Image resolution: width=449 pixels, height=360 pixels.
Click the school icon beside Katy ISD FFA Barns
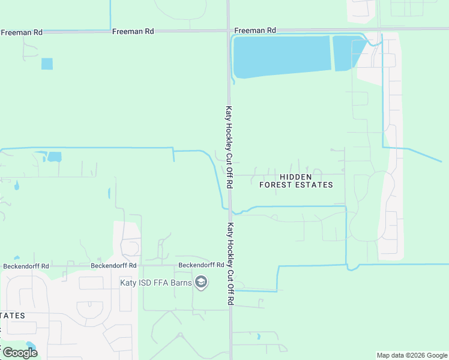pos(201,283)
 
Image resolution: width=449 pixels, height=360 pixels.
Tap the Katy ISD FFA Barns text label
pos(164,283)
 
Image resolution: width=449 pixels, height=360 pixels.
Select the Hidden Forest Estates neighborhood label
pos(296,181)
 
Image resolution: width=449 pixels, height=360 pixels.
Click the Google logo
pos(20,352)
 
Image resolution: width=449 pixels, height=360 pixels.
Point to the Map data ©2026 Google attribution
pos(412,355)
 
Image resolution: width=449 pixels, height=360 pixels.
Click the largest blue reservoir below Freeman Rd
pos(281,56)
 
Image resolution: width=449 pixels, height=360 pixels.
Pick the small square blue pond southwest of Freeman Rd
pos(47,64)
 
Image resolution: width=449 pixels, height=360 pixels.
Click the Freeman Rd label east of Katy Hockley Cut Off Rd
pos(255,30)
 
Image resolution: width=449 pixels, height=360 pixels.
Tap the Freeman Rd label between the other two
pos(133,31)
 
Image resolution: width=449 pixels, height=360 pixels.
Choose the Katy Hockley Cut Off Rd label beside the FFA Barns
pos(230,264)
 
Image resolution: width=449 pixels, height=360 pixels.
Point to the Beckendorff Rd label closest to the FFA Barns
pos(196,265)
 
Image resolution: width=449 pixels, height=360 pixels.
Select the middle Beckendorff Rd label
pos(113,265)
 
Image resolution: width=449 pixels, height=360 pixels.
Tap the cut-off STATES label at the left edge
pos(13,315)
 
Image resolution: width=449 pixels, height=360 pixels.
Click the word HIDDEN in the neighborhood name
pos(295,176)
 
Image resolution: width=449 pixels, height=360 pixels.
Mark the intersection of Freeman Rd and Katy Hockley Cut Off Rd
pos(229,29)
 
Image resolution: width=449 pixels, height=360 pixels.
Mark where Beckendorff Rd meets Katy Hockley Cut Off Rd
pos(229,265)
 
